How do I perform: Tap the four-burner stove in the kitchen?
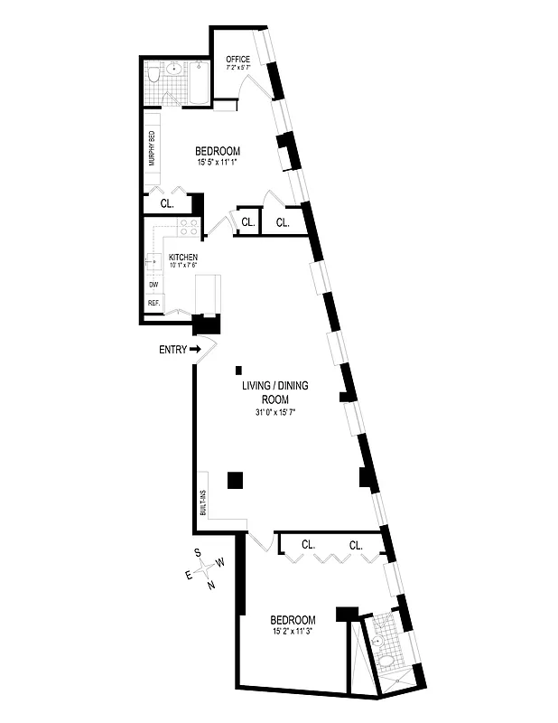point(188,228)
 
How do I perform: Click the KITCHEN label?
point(183,258)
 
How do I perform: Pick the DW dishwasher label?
point(153,285)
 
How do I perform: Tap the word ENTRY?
point(172,350)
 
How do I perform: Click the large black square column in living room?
point(235,481)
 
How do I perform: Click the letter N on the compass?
point(210,585)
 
